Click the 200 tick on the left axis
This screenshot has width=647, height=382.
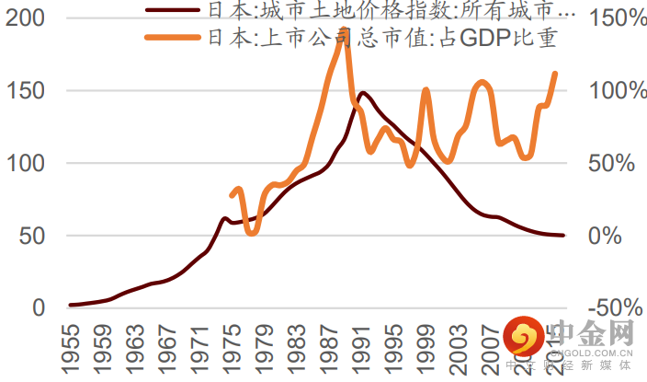pos(26,18)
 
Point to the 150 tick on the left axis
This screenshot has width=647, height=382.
pos(26,91)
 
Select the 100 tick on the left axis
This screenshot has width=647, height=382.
pos(26,163)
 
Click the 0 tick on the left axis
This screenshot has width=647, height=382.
pos(39,307)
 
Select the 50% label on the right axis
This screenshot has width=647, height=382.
pos(609,163)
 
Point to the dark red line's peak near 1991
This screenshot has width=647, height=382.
pos(363,93)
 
